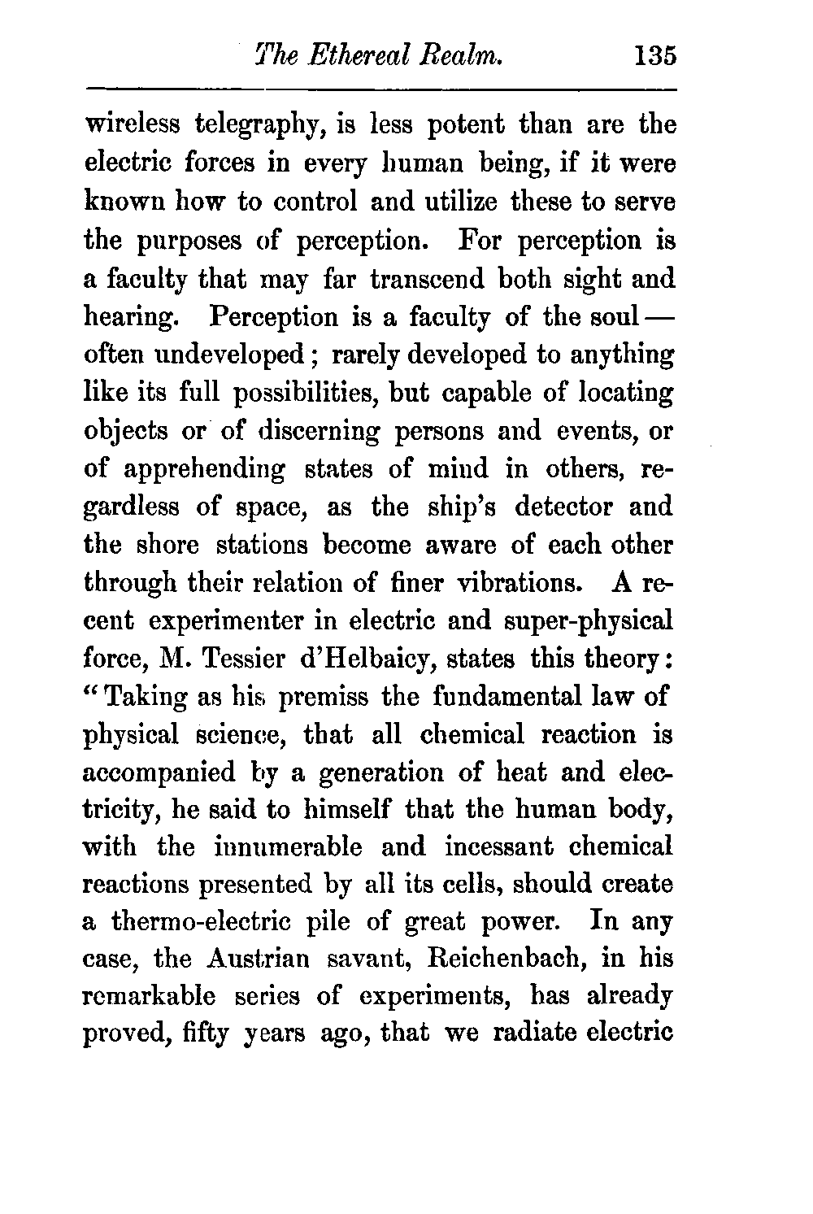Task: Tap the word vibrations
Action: (515, 583)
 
